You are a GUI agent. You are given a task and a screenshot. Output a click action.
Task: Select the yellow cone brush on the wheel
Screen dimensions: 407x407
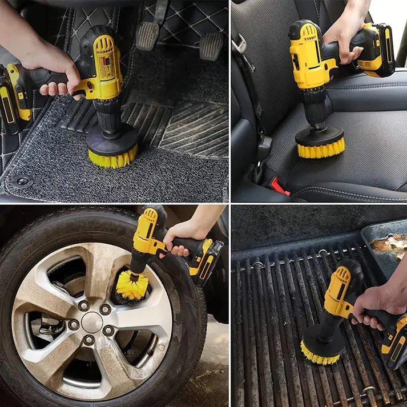pyautogui.click(x=132, y=285)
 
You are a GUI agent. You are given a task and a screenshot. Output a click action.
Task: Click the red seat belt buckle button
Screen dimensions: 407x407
pyautogui.click(x=280, y=186)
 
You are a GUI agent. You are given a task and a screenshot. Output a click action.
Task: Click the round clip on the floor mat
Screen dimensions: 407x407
pyautogui.click(x=23, y=182)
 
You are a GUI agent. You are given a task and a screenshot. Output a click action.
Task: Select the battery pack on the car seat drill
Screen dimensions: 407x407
pyautogui.click(x=378, y=51)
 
